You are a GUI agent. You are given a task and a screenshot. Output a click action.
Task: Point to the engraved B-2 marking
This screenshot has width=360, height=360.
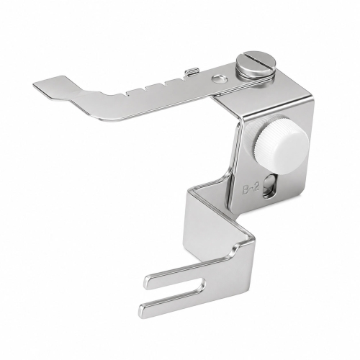coord(251,185)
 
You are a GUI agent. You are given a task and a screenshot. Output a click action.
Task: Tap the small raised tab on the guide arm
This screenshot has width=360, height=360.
coord(192,71)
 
